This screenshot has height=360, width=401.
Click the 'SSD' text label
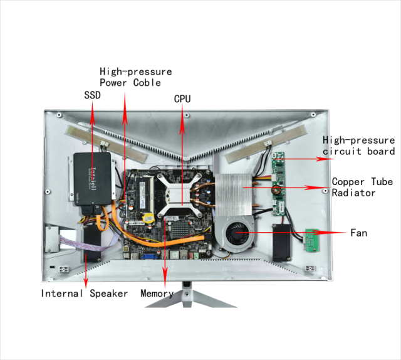pos(92,95)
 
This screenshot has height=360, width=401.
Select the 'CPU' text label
pos(182,99)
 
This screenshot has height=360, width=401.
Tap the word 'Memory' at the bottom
pos(157,294)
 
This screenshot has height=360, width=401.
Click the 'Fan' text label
pos(359,233)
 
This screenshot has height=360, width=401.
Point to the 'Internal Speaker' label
pos(85,294)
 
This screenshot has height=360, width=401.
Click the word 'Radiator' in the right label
pos(354,193)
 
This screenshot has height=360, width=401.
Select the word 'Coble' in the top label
pos(147,83)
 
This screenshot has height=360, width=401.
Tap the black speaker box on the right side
pos(283,241)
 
